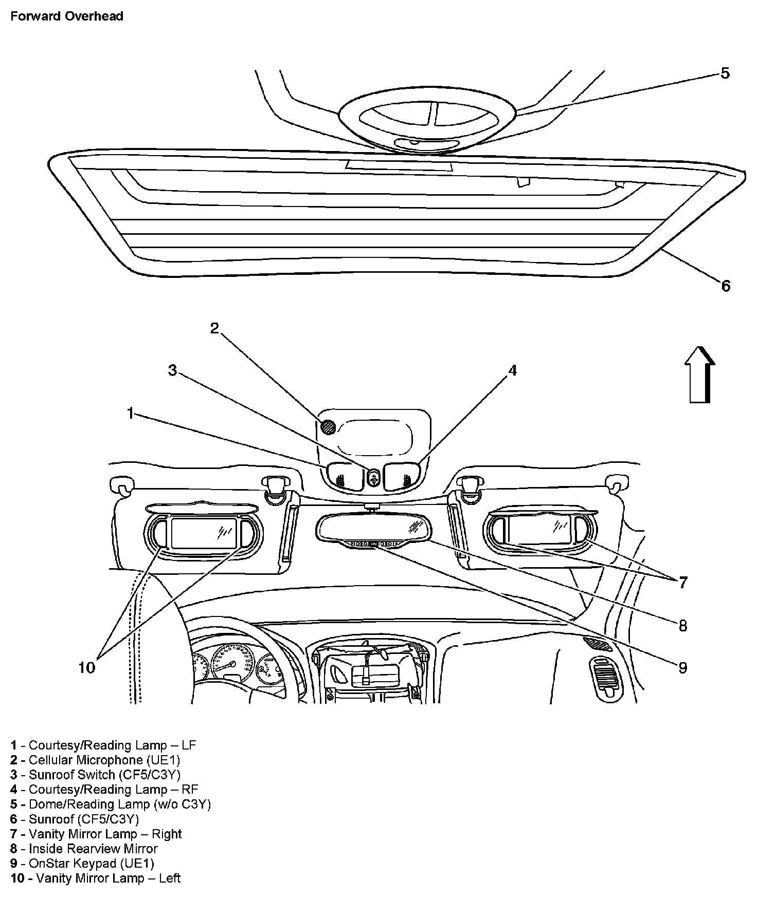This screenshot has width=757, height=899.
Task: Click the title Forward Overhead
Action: [67, 16]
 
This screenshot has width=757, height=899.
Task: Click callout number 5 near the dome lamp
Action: [725, 73]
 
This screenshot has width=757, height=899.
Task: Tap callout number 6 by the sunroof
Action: [726, 286]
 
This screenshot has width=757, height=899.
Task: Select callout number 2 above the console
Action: [214, 328]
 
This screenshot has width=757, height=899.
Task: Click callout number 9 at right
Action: [682, 667]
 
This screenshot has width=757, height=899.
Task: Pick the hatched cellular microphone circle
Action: [327, 426]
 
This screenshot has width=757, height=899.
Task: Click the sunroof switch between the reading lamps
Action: [374, 477]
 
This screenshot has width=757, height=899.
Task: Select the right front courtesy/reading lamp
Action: [403, 475]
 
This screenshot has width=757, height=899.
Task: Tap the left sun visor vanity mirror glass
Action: [203, 532]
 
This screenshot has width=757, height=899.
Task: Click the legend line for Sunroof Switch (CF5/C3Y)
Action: [96, 774]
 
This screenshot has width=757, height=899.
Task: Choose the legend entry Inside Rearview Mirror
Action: [84, 849]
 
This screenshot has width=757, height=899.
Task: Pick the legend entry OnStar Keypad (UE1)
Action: [82, 864]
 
